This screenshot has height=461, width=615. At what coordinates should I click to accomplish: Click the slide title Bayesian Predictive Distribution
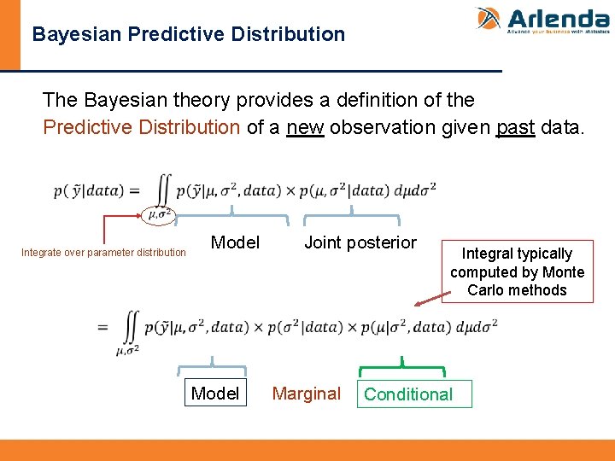pos(188,35)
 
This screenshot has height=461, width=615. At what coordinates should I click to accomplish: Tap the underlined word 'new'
pos(305,128)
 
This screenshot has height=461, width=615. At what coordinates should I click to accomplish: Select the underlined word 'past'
pos(515,128)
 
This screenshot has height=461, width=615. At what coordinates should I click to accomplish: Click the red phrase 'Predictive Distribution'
pos(142,128)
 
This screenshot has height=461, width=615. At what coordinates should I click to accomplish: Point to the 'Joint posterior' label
pos(360,242)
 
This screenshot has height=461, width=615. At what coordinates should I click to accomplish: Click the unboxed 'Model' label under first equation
pos(235,242)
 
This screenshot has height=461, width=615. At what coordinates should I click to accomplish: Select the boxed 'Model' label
pos(215,394)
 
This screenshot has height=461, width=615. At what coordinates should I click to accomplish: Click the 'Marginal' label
pos(306,394)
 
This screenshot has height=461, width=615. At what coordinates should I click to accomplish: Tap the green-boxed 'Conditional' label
pos(408,394)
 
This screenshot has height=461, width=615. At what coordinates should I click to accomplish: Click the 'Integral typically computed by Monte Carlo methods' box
pos(518,271)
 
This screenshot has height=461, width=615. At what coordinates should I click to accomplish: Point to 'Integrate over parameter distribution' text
pos(103,253)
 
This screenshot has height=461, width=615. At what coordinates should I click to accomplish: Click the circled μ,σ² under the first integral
pos(159,214)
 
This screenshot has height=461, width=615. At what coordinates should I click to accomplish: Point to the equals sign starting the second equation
pos(103,327)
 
